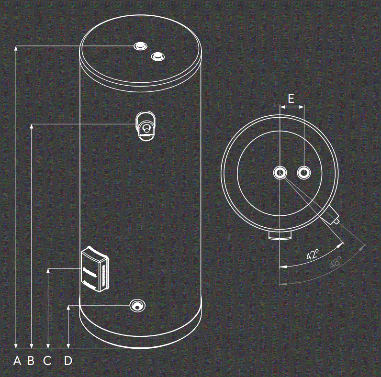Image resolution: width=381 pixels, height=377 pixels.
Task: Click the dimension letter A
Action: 17,361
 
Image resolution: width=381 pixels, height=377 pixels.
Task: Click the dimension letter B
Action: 31,361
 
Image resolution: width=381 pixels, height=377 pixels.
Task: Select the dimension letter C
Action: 47,361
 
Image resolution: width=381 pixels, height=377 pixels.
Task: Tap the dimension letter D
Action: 68,361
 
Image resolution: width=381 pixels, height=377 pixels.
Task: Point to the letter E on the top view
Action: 291,99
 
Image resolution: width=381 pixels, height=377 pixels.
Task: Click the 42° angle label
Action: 313,255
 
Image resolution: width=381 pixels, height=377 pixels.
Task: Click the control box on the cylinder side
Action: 95,269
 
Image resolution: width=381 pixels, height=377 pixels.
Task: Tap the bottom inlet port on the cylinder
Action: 138,305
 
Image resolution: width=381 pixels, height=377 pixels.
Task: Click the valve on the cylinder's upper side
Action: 146,126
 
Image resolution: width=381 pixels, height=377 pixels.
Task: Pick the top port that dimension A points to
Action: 140,46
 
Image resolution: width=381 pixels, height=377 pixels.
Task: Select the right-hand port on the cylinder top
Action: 157,57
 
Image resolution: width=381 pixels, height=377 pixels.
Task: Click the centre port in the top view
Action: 279,172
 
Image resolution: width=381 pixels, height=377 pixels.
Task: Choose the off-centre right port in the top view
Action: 304,172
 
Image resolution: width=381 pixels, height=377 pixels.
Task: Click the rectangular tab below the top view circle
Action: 279,235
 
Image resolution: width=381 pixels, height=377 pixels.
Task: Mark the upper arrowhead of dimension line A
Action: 17,48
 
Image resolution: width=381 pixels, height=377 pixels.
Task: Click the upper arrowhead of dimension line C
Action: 48,271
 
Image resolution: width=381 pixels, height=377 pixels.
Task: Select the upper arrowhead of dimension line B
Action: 32,127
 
